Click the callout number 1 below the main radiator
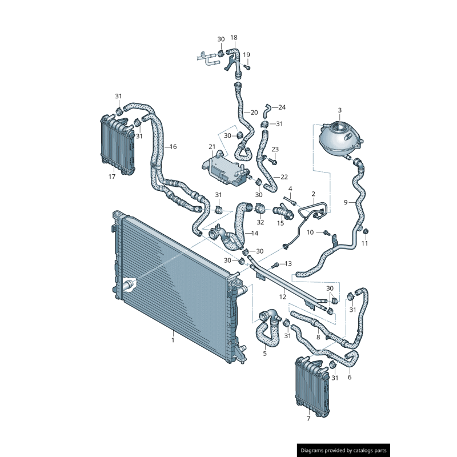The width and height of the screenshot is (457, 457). point(173,340)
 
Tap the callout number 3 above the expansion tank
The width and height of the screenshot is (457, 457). point(339,110)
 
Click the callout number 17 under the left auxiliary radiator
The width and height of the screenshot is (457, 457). point(112,177)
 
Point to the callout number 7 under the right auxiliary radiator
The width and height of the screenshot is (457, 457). point(308,419)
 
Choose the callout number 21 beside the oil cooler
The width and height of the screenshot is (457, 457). point(212,147)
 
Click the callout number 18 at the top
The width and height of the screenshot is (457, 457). point(234,38)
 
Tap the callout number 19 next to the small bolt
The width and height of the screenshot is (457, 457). point(247,55)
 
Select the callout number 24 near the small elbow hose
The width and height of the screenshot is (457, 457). point(282,107)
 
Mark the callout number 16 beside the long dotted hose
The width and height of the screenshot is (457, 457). point(173,147)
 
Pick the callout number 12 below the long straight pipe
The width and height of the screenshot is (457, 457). point(282,296)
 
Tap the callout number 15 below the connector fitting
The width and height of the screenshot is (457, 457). point(280,223)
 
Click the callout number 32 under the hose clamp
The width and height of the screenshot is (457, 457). point(260,222)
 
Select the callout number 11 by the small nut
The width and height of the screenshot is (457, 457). point(365,243)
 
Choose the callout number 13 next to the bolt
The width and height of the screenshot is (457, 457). point(288,263)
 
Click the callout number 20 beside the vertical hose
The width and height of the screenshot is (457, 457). point(254,113)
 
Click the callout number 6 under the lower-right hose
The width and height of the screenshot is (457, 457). point(350,377)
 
